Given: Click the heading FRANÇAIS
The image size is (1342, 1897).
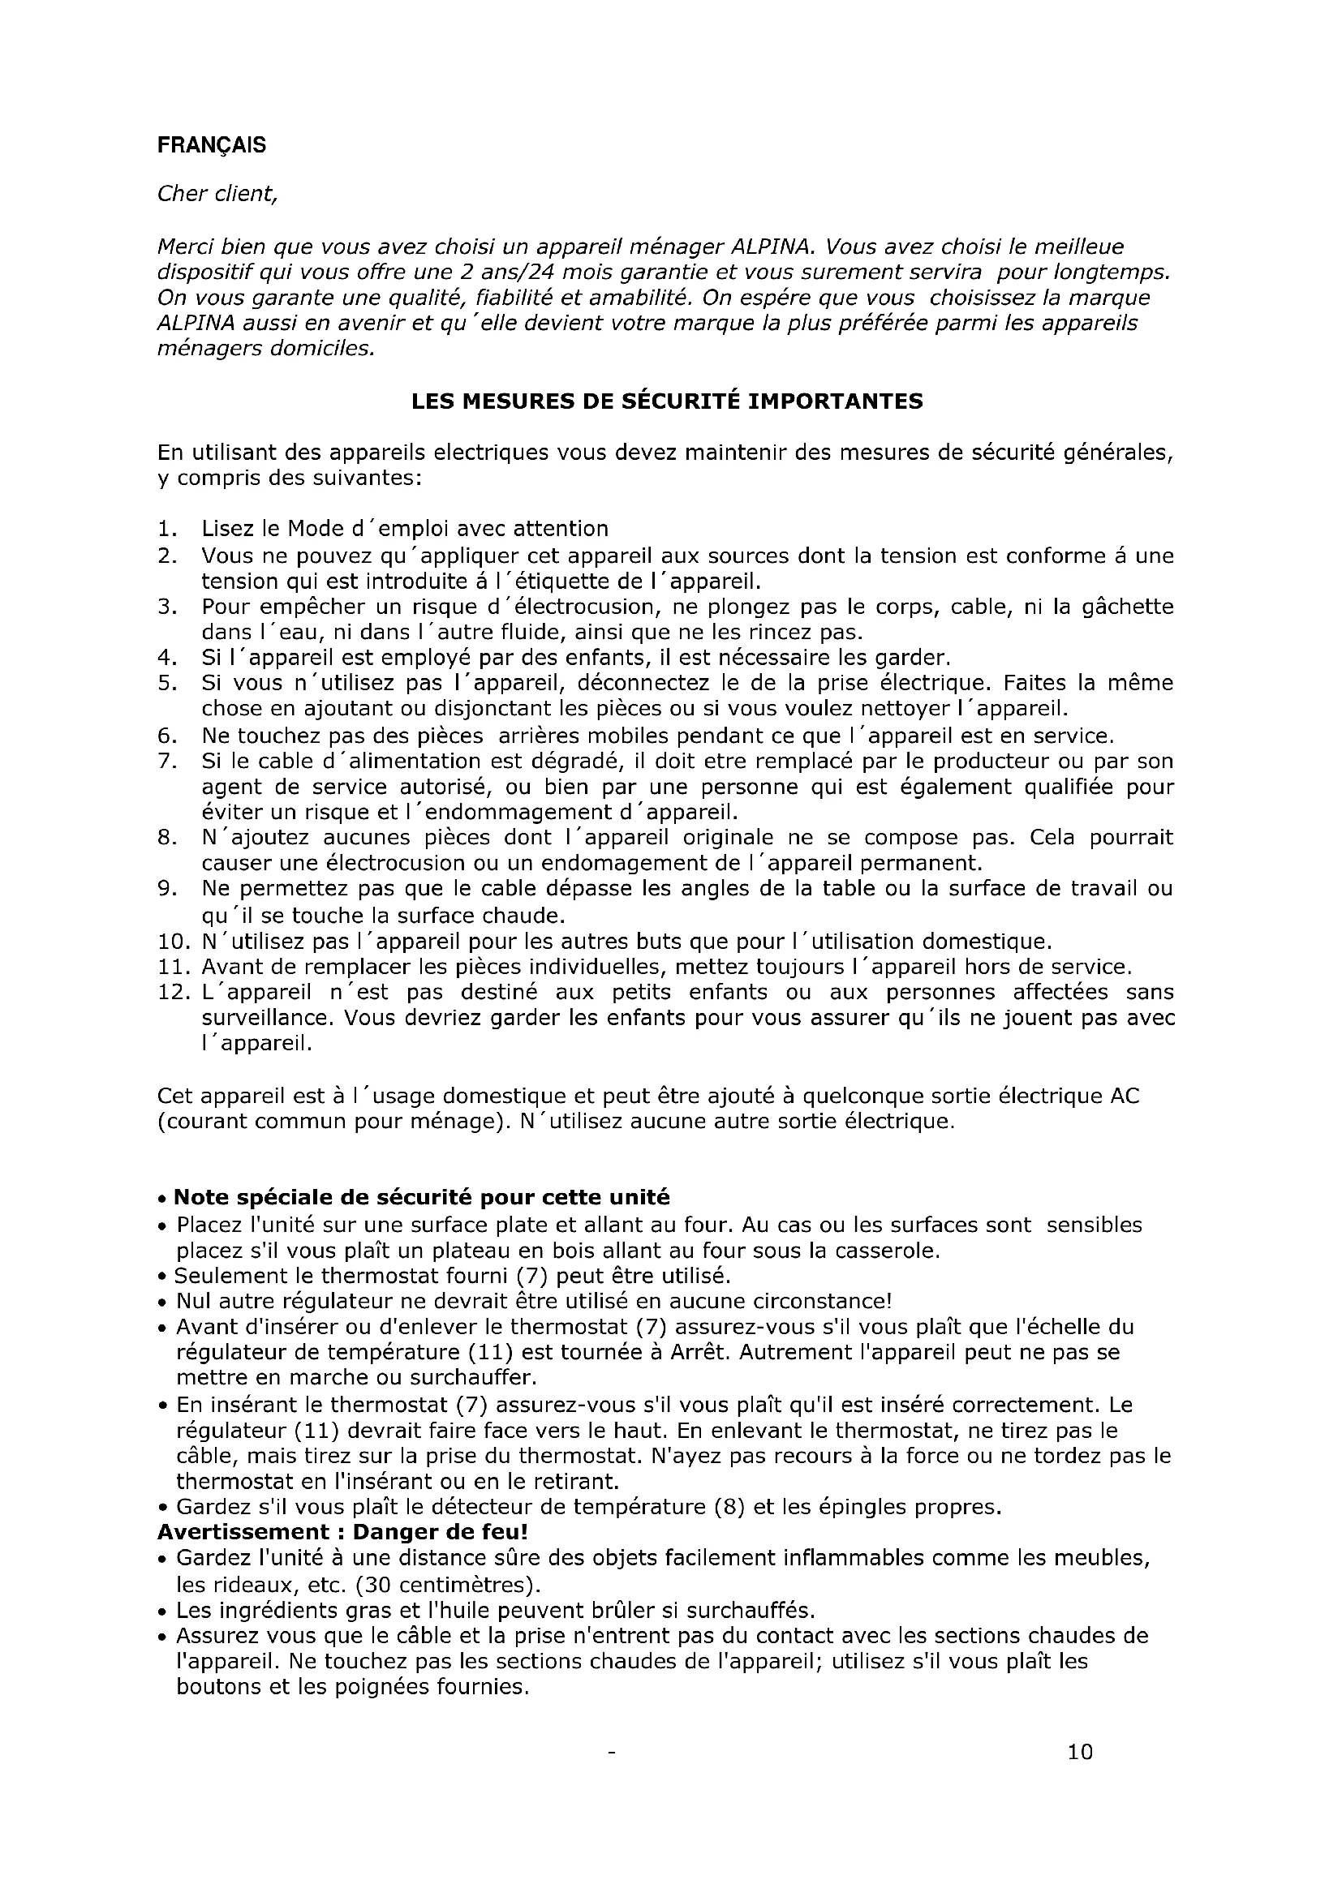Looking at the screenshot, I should (212, 145).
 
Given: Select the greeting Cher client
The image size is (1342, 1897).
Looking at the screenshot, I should (217, 194).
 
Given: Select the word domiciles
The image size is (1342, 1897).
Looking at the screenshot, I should (320, 349).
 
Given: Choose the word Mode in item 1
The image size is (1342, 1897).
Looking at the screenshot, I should (314, 529).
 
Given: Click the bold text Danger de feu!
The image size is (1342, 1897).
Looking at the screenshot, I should (441, 1531).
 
